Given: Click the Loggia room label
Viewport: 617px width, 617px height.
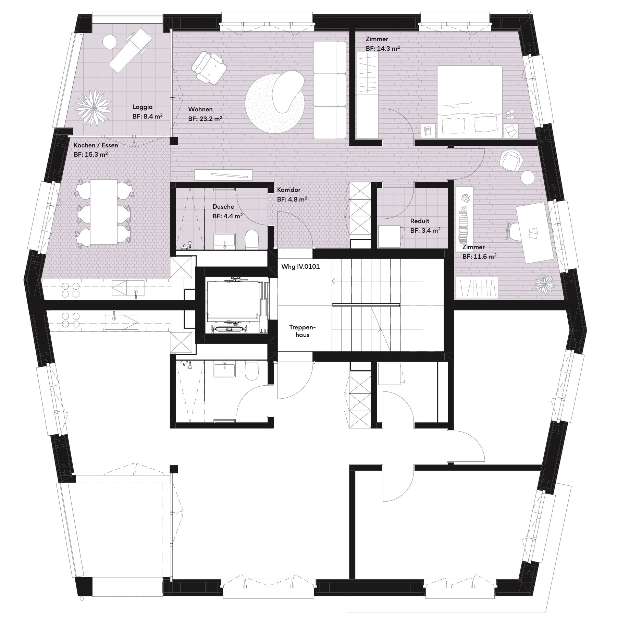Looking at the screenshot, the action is (143, 107).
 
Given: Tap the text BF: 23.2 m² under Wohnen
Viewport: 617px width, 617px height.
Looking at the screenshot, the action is (205, 119).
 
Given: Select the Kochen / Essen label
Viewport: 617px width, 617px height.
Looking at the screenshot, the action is (96, 145).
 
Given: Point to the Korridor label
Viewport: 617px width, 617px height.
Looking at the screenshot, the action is (289, 190).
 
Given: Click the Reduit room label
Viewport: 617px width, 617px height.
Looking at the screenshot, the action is (420, 221).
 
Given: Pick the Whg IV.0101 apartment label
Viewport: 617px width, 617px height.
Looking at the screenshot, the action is (300, 266).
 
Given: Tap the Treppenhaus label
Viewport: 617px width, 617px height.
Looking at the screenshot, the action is (302, 331).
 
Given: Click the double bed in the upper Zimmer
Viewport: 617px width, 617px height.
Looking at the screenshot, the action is (470, 102).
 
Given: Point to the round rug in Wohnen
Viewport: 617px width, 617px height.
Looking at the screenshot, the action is (275, 105).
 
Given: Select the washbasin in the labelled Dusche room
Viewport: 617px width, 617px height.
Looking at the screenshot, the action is (225, 240).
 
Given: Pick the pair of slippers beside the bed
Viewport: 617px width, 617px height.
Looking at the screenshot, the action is (510, 114).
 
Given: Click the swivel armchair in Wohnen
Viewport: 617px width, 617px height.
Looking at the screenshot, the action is (208, 66).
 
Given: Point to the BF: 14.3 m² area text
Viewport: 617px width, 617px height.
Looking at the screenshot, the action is (383, 48).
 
